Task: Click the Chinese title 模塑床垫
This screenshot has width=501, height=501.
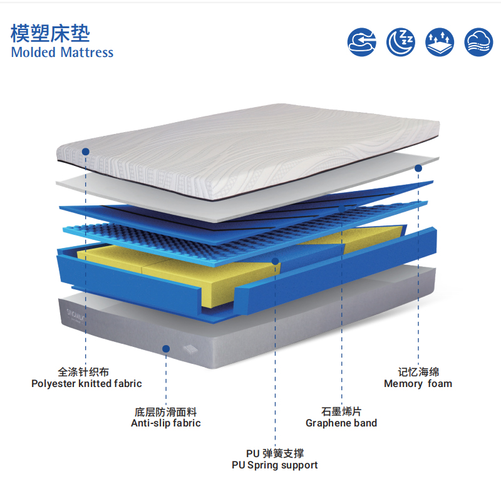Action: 50,33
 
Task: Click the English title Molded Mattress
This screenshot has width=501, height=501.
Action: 62,53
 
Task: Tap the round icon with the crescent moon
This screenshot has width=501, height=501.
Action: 401,42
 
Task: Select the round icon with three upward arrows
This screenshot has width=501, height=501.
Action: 440,42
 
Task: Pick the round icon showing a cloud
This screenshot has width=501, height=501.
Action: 478,42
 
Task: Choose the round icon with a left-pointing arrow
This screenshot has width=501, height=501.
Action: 362,42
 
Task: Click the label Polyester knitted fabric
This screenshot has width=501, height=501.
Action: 86,383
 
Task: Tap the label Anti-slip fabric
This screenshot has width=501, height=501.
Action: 166,423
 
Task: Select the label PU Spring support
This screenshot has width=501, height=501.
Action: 275,465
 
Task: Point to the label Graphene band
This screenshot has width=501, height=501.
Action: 341,423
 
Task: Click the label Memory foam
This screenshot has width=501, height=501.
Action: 418,383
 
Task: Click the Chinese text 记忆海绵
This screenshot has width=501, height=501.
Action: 418,372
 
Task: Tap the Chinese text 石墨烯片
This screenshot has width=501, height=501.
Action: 341,411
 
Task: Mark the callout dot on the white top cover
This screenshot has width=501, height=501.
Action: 86,152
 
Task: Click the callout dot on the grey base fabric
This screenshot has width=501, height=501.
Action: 166,349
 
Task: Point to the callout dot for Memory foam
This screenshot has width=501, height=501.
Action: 418,168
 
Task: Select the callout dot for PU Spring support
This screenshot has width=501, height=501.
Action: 275,261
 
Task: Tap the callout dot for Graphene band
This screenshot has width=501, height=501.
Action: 341,209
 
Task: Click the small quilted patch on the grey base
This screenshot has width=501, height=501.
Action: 191,349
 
